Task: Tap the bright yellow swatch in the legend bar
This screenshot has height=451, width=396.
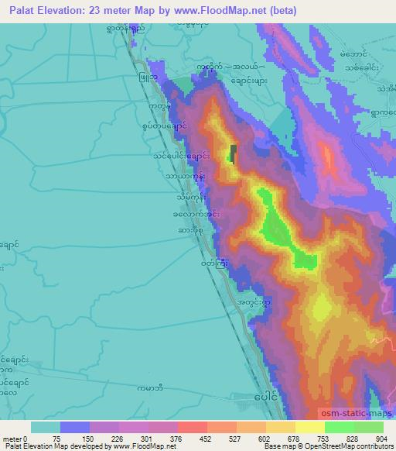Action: point(310,426)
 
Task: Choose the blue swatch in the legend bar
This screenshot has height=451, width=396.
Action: point(75,426)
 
